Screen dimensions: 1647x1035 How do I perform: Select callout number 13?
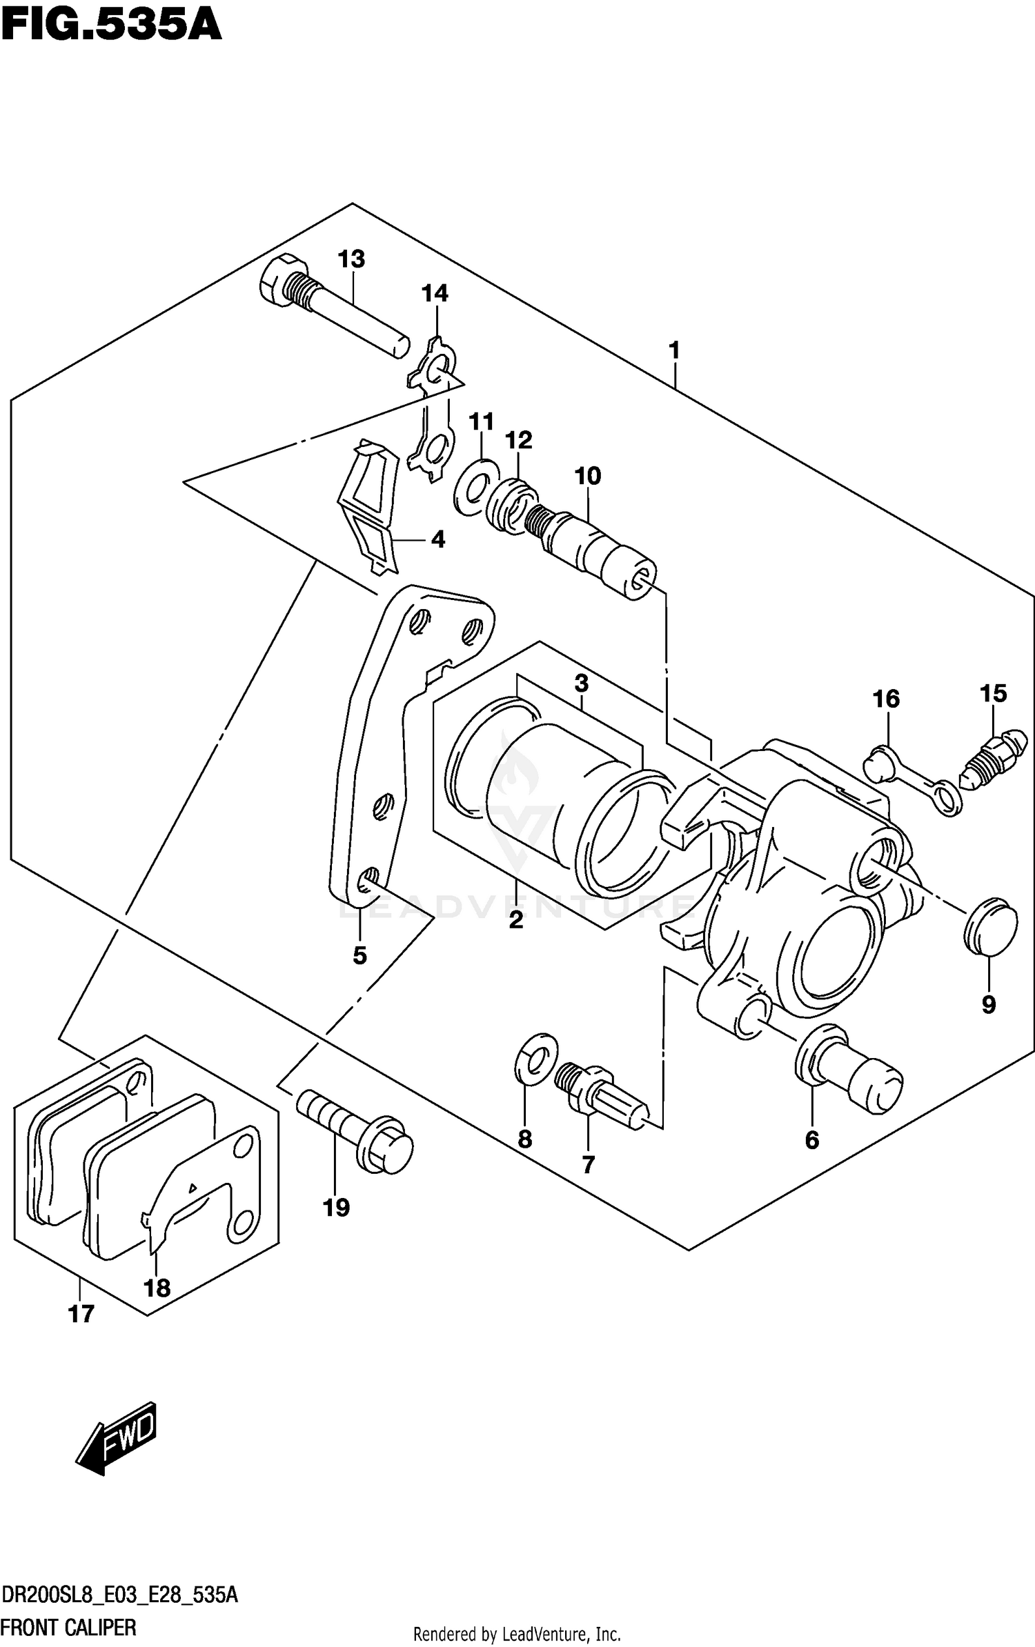[x=351, y=259]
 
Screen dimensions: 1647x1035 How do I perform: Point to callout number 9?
[x=988, y=1005]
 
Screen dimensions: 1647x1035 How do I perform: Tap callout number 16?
[x=886, y=699]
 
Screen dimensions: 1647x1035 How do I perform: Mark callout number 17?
[x=81, y=1314]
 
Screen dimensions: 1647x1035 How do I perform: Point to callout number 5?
[x=359, y=955]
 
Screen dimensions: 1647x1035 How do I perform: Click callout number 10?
[x=587, y=475]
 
